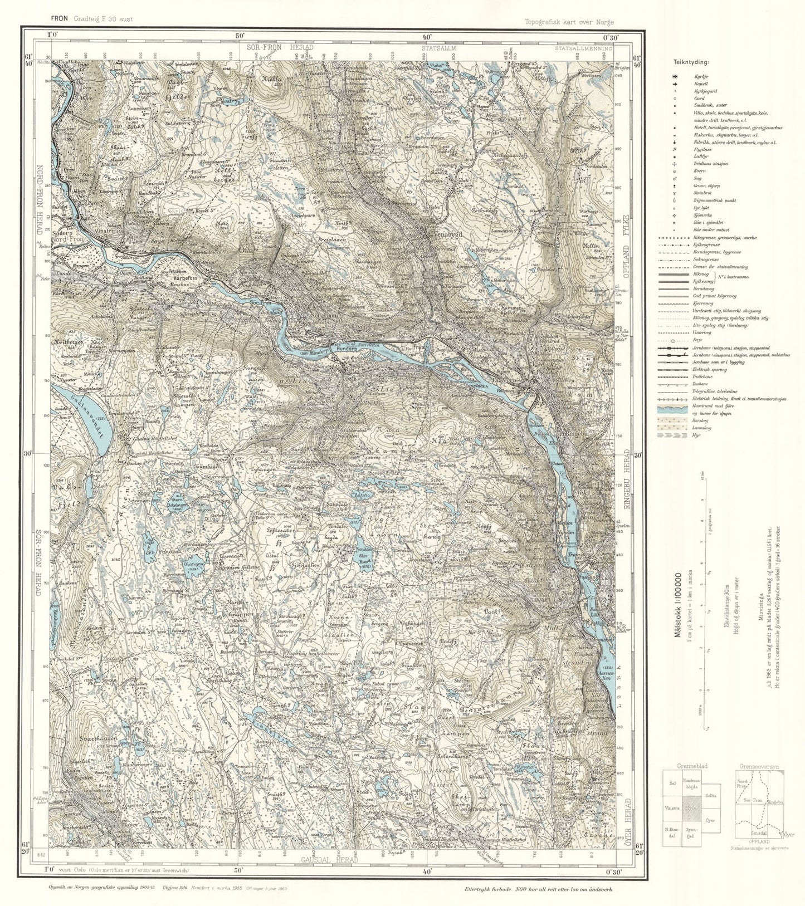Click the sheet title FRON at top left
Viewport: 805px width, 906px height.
(x=59, y=18)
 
